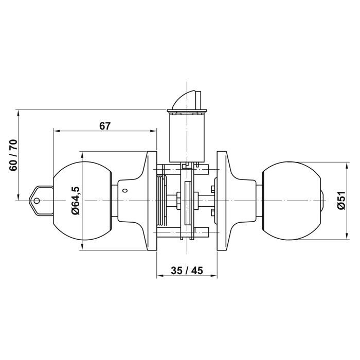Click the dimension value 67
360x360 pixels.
click(x=105, y=125)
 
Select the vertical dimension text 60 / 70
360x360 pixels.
click(x=13, y=155)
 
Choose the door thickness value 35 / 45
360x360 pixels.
click(x=186, y=271)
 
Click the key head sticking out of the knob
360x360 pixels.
click(x=40, y=200)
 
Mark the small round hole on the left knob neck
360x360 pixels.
click(x=124, y=191)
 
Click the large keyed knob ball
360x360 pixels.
click(x=82, y=201)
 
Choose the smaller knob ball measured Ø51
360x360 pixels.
click(x=291, y=201)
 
